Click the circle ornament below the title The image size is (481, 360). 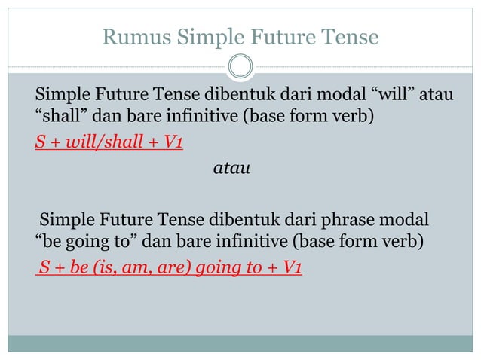click(x=240, y=66)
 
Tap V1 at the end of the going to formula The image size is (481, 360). click(x=289, y=266)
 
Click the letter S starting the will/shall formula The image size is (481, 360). click(x=40, y=142)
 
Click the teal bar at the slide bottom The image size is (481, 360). click(x=240, y=343)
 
